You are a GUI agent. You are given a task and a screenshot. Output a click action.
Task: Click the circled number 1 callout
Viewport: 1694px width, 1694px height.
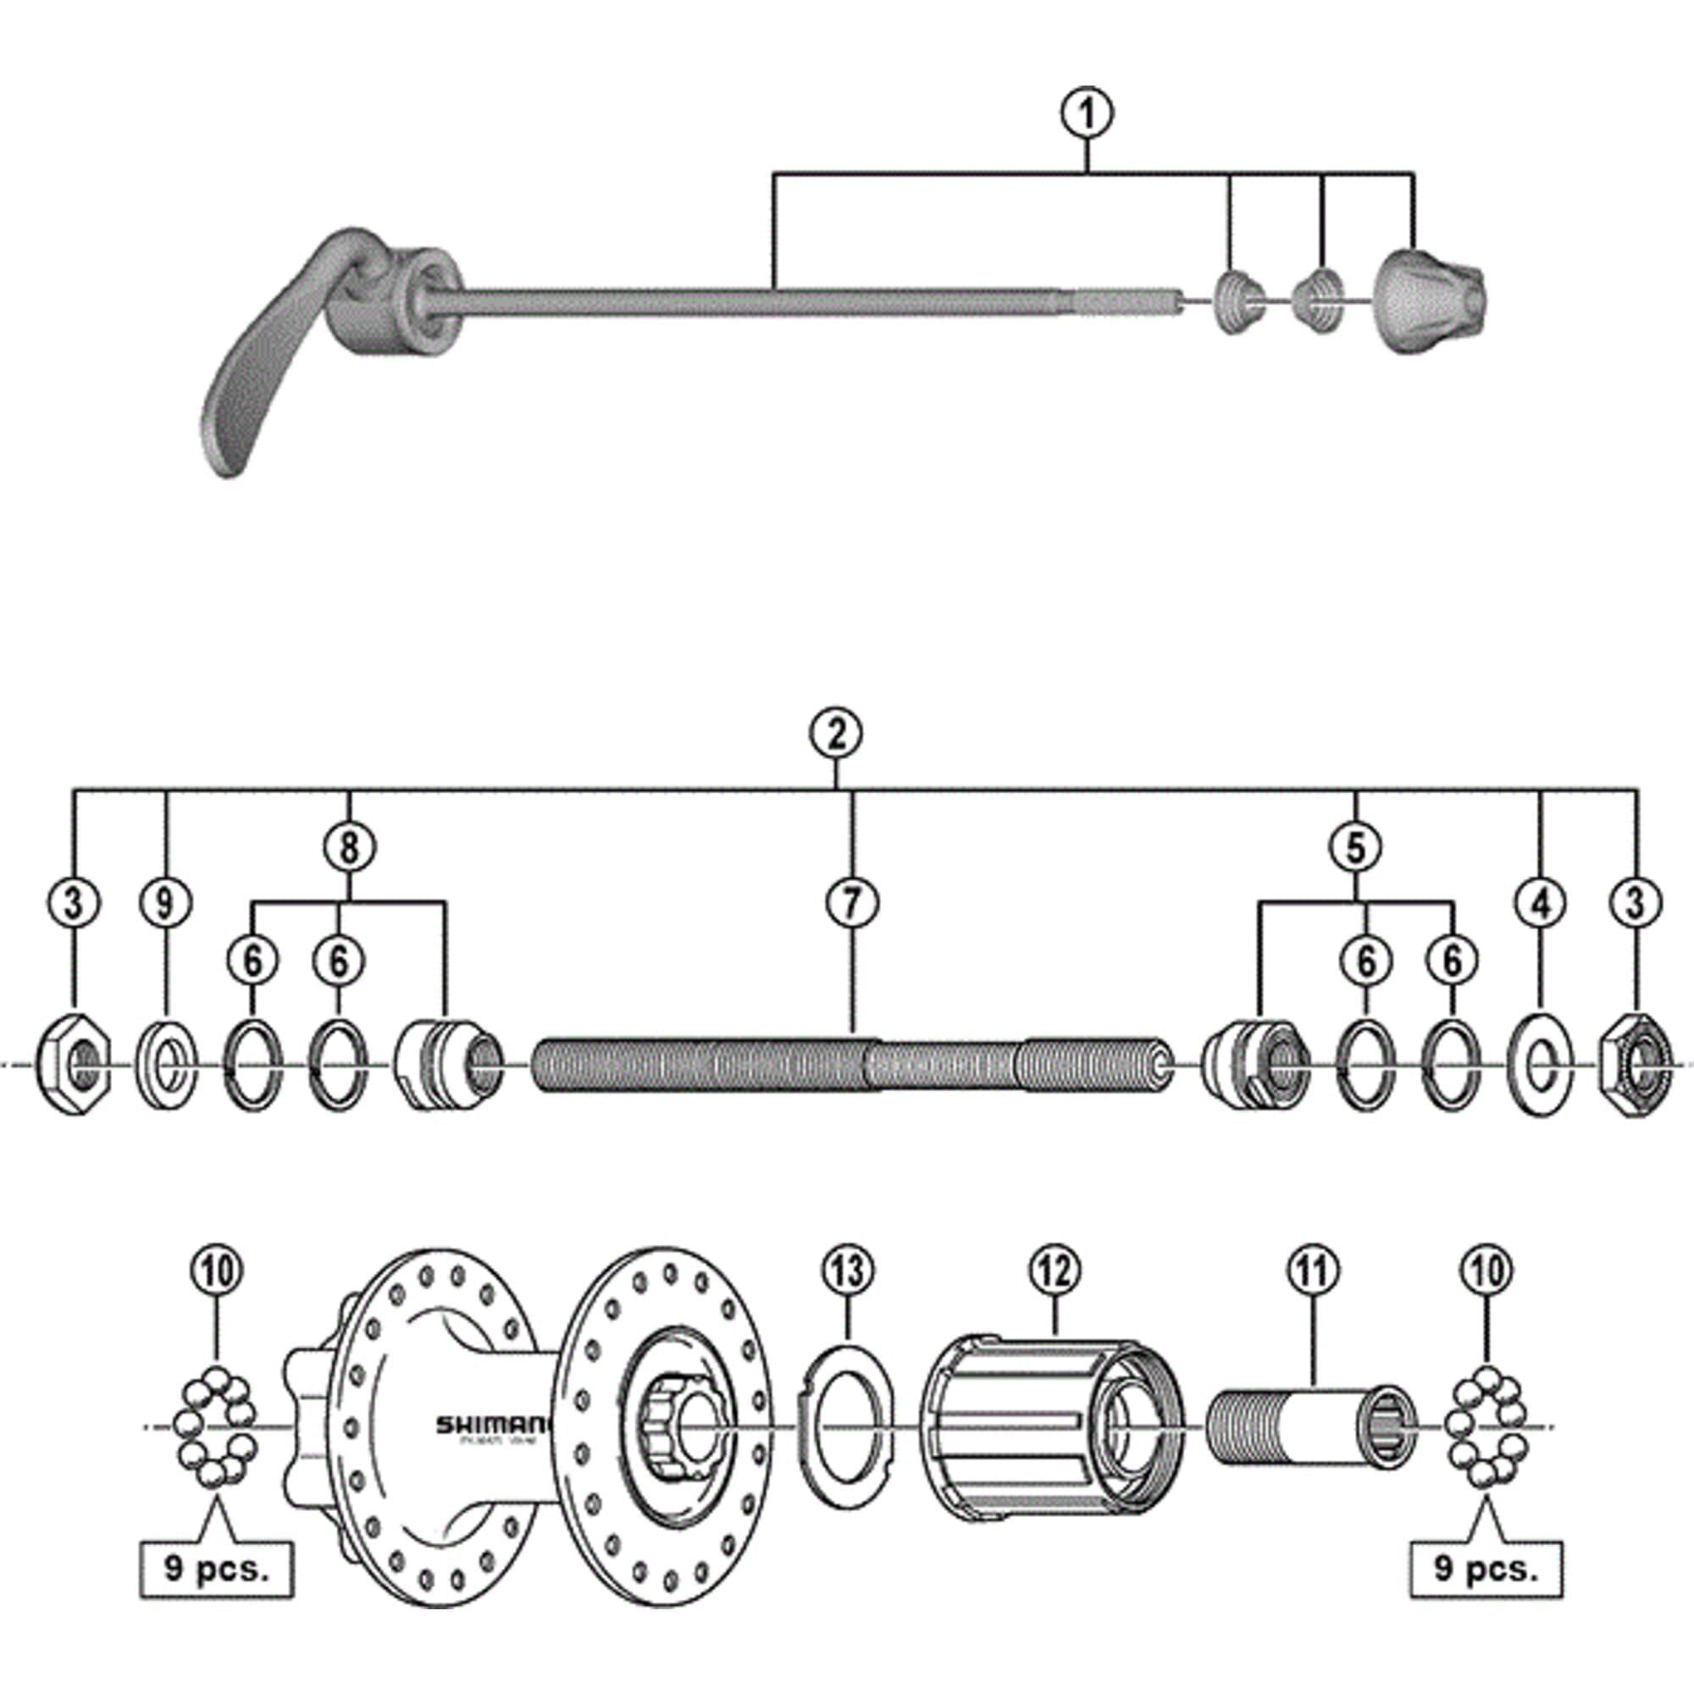[1088, 114]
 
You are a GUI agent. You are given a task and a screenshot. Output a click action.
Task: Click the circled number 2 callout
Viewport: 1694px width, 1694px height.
[837, 734]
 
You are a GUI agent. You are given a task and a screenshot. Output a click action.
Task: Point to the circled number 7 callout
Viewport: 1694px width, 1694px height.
[852, 902]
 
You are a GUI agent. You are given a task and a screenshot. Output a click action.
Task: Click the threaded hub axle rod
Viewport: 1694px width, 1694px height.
[850, 1064]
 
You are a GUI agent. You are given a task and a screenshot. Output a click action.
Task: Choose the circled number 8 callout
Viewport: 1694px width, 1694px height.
[349, 848]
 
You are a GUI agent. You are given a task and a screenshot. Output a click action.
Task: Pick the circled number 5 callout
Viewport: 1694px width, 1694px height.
[1355, 848]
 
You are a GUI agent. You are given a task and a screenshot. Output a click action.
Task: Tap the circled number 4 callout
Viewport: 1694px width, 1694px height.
[1542, 902]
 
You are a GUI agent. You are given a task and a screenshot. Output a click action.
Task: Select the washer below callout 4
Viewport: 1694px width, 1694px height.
[1541, 1064]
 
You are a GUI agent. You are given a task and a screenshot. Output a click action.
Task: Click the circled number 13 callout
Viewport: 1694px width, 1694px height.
[848, 1269]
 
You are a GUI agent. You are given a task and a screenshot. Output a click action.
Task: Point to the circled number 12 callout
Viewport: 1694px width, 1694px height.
[1055, 1269]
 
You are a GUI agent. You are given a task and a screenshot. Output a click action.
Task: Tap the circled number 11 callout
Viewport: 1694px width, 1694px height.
[1313, 1269]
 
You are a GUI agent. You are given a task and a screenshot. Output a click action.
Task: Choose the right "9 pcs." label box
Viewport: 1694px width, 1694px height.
[1486, 1569]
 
